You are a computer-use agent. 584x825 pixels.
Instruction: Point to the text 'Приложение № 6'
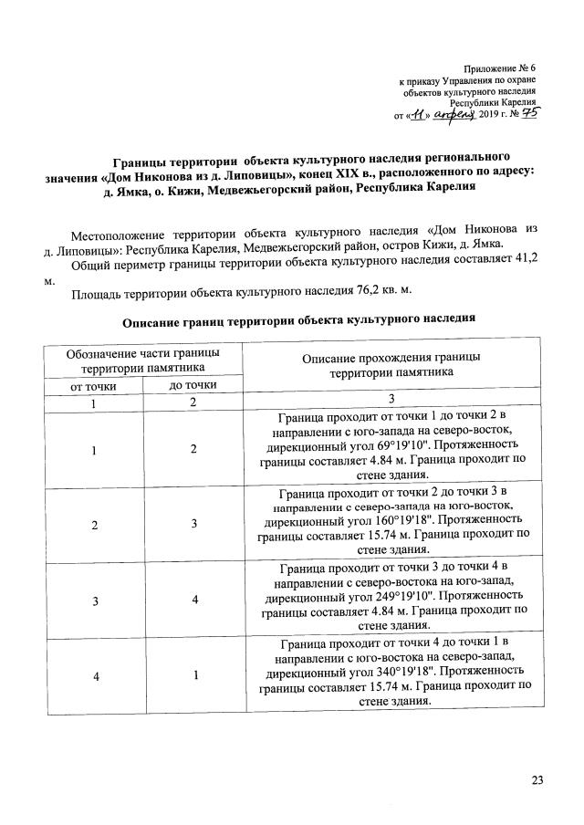pyautogui.click(x=499, y=69)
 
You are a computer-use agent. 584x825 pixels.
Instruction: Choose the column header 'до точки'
pyautogui.click(x=193, y=385)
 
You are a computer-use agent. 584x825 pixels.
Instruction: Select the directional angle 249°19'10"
pyautogui.click(x=363, y=603)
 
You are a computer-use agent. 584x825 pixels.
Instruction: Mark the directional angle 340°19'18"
pyautogui.click(x=363, y=682)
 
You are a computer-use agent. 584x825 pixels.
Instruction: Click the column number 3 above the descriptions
pyautogui.click(x=392, y=402)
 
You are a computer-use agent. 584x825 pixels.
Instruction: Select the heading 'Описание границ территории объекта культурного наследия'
pyautogui.click(x=298, y=321)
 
